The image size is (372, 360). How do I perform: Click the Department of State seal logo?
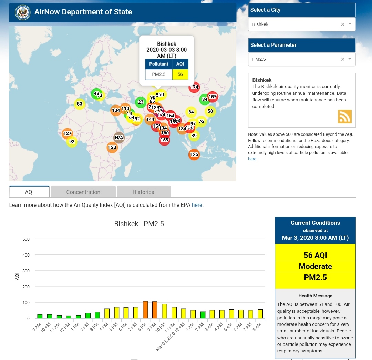point(23,12)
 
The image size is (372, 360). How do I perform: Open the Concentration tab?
point(83,192)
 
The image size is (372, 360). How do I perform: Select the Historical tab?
point(144,192)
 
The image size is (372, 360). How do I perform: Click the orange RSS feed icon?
point(344,117)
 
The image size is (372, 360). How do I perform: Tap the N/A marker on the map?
point(119,138)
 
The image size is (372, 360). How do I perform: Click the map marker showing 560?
point(160,94)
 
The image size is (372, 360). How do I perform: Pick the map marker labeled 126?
point(194,154)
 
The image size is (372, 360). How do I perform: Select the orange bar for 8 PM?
point(145,310)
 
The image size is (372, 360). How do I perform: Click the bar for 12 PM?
point(69,317)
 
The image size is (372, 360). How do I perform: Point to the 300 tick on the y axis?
point(26,271)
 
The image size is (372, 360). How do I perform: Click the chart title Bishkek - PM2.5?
point(139,224)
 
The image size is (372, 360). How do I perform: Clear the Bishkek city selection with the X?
point(342,24)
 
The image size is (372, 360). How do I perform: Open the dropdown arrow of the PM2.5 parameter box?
point(350,59)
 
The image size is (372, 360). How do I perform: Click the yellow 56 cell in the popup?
point(180,74)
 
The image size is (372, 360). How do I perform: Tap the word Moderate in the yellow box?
point(315,266)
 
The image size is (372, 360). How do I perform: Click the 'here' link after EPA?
point(197,205)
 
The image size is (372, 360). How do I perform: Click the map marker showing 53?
point(80,104)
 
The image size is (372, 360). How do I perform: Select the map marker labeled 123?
point(112,147)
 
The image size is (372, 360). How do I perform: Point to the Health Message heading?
point(315,296)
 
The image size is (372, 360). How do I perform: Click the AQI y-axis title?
point(17,276)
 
